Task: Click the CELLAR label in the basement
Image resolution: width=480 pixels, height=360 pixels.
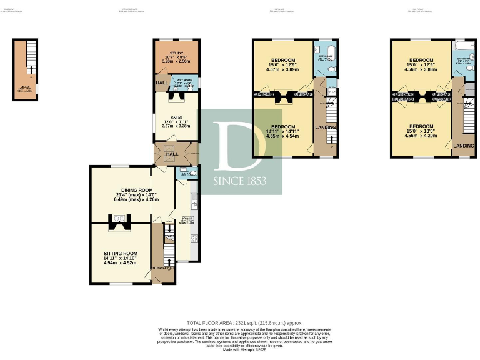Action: (24, 89)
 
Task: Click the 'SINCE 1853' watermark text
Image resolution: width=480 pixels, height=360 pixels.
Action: (240, 181)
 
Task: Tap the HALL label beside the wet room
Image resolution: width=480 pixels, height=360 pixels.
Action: (160, 82)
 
